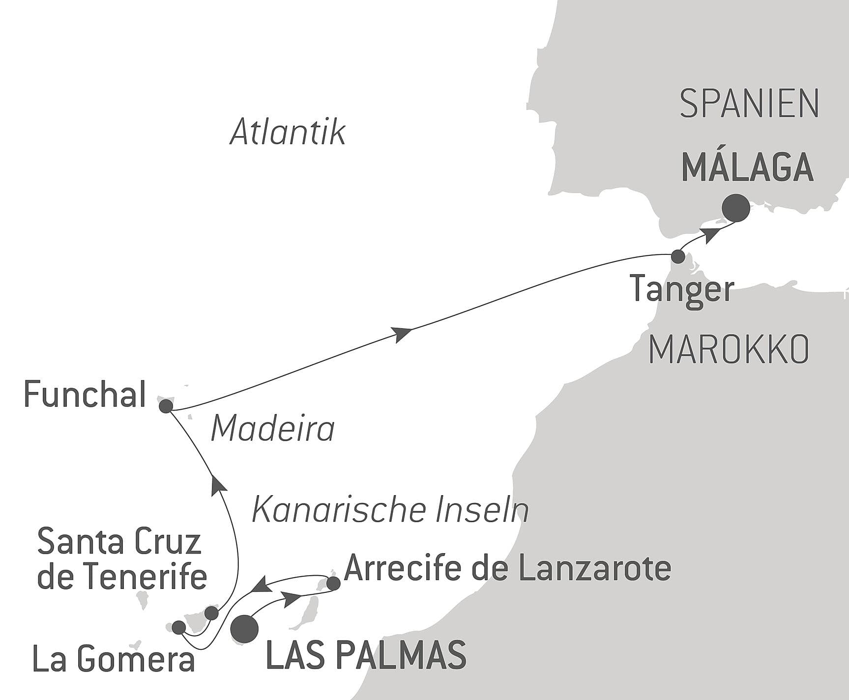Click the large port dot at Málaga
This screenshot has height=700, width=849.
pyautogui.click(x=736, y=208)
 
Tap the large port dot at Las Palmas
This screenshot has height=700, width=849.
pyautogui.click(x=245, y=629)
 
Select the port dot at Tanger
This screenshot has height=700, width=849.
pyautogui.click(x=678, y=256)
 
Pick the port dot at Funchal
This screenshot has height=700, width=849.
pyautogui.click(x=166, y=406)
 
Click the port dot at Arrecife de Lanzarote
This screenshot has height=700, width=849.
pyautogui.click(x=333, y=584)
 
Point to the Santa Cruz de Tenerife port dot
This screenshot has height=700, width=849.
pyautogui.click(x=211, y=613)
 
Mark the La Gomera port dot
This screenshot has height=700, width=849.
pyautogui.click(x=178, y=627)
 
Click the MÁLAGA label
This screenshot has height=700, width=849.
pyautogui.click(x=747, y=168)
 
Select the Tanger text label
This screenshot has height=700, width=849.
pyautogui.click(x=682, y=290)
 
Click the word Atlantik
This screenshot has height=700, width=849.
pyautogui.click(x=288, y=132)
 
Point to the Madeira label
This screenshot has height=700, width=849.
pyautogui.click(x=272, y=429)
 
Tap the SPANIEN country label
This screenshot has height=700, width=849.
pyautogui.click(x=749, y=104)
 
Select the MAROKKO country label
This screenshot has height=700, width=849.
pyautogui.click(x=729, y=350)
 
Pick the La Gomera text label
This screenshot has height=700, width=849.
pyautogui.click(x=114, y=659)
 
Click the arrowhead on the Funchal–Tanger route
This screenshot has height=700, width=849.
pyautogui.click(x=403, y=333)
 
